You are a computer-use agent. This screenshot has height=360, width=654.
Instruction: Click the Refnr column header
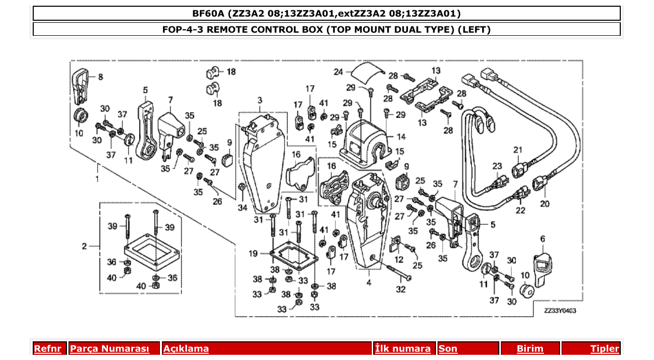47,349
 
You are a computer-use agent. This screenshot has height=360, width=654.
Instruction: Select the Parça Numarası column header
109,349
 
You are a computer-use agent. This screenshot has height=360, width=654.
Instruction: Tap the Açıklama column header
186,349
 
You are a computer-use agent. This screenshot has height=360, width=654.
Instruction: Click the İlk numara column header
403,349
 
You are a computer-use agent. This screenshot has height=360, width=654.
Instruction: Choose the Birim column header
530,349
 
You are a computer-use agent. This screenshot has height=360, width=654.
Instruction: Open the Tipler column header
605,349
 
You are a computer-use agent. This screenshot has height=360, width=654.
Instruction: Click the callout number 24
338,72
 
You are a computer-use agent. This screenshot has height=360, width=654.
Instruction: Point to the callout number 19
253,254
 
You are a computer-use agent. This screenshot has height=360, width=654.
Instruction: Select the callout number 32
401,289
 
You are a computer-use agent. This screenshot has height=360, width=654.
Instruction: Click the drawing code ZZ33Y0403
560,311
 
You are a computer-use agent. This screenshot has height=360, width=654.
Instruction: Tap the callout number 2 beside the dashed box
84,246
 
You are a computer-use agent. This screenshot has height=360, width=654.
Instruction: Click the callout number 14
401,137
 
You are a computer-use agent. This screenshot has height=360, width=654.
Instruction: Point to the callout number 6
542,239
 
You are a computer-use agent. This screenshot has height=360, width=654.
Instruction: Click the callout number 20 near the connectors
544,204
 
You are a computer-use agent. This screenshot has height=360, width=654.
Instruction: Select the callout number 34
242,209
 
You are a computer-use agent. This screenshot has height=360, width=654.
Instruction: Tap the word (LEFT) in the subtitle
474,29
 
